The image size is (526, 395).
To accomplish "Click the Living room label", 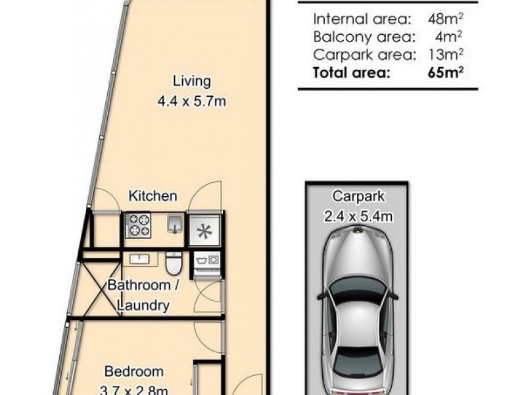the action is coord(191,81).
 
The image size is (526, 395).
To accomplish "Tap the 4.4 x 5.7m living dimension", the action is coord(191,101).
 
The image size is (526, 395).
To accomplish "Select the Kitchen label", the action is coord(153,196).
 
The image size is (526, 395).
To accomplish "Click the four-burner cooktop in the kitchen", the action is coord(139,225).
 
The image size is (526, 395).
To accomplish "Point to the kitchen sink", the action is coord(175,224).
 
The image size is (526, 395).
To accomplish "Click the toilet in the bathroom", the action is coord(174,263).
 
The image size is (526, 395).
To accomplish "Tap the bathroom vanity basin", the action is coord(139,259).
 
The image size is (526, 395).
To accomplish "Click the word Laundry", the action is coord(143,305).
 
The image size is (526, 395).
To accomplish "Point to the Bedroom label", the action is coord(134,371).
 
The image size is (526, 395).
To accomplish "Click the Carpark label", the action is coord(358,196).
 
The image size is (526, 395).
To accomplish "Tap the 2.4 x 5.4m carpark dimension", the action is coord(358,216).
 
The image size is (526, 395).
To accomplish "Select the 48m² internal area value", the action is coord(445,18).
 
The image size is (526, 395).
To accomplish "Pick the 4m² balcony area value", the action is coord(448,36).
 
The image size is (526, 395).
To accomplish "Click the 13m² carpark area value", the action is coord(446,54).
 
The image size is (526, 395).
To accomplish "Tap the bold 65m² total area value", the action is coord(446,72).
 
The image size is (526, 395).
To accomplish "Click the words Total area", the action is coord(352,72).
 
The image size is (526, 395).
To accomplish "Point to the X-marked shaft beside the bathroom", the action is coord(101,289).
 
